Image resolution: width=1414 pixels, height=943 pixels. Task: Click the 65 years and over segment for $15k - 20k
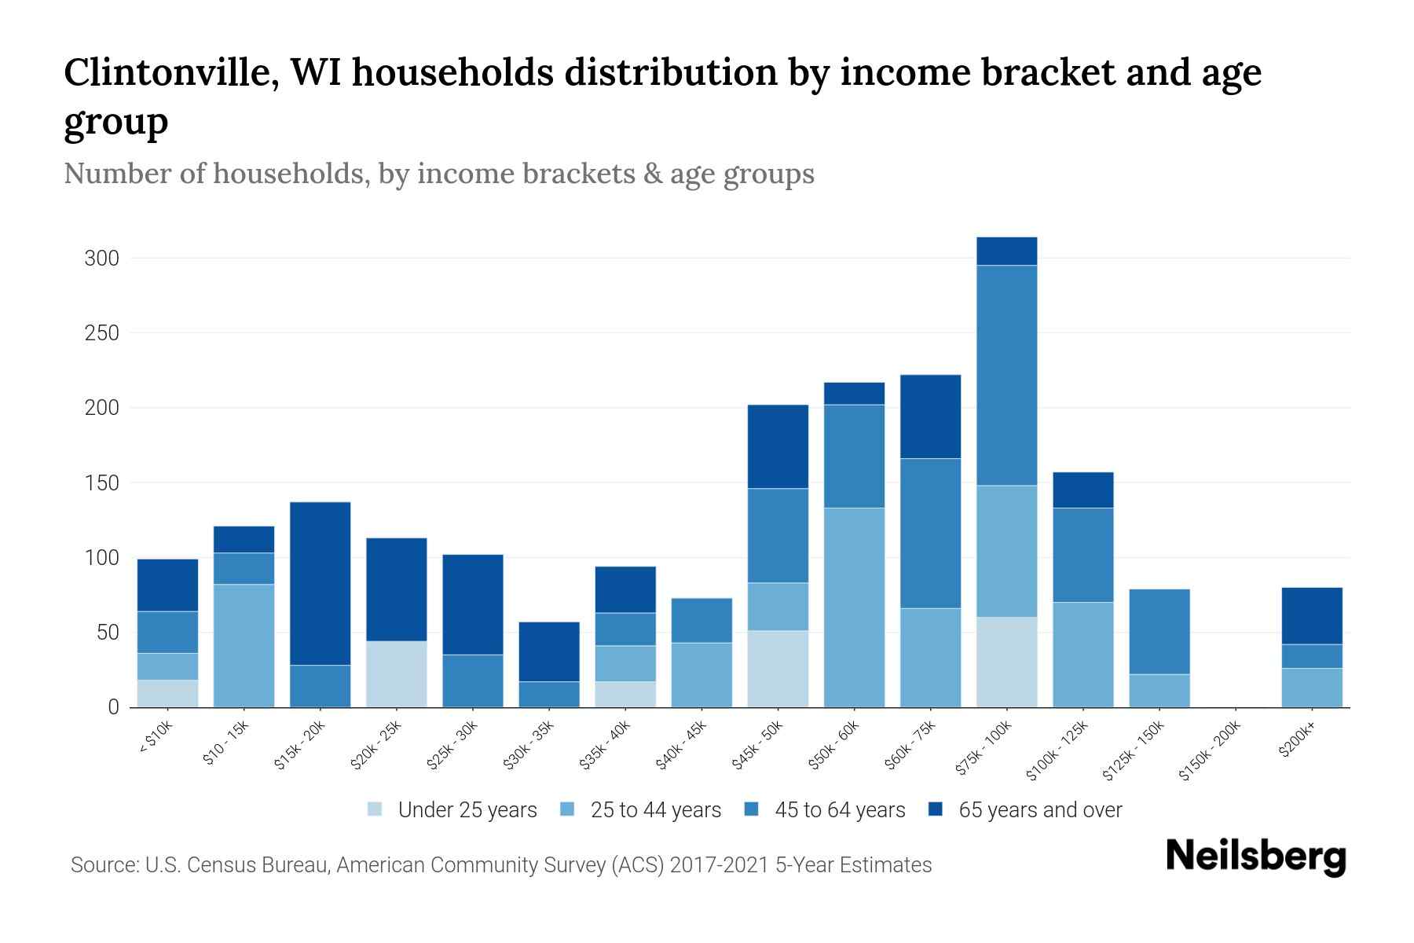321,583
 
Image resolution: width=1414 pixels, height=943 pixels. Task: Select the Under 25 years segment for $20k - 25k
397,674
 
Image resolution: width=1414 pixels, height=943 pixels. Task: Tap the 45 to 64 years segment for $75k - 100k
1007,375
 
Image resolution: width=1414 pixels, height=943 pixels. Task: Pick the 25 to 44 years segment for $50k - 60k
854,607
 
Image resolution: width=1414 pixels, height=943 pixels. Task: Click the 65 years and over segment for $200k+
1312,615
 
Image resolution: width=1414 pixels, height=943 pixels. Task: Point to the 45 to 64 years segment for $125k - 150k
1159,631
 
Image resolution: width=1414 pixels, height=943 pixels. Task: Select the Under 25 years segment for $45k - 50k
778,669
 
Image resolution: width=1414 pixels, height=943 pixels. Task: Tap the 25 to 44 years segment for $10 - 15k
244,645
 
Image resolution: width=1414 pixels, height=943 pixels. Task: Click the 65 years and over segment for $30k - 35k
549,651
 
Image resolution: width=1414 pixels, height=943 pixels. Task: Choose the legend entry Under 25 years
467,810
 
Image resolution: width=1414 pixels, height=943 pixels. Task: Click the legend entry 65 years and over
1039,810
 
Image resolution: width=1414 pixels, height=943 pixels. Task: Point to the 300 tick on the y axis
101,259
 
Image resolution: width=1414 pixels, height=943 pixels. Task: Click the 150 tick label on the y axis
101,483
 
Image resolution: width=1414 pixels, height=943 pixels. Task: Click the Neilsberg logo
1255,857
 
